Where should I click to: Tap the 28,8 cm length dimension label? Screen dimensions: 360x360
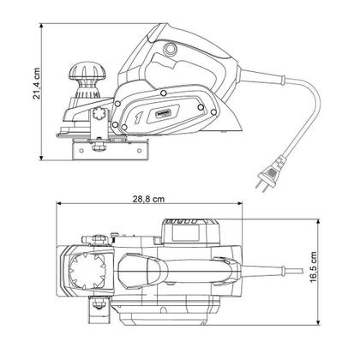tap(149, 197)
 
